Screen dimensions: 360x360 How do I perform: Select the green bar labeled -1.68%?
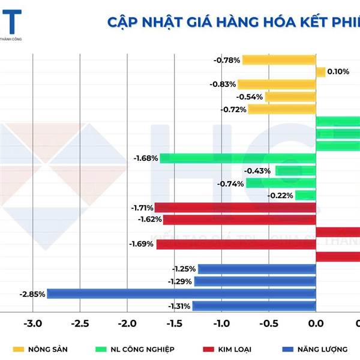point(238,158)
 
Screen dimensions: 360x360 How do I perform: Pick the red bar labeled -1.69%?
point(236,244)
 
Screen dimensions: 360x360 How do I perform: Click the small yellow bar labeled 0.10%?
point(320,72)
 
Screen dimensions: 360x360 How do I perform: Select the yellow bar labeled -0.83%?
point(277,85)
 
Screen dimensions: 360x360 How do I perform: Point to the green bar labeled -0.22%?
point(305,195)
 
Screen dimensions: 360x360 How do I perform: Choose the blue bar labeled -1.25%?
point(257,269)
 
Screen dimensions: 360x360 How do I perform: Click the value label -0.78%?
point(227,60)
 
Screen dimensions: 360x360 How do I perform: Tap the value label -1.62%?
point(150,220)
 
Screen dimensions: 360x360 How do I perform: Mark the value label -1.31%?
point(179,306)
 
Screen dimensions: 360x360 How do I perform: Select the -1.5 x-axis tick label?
point(174,324)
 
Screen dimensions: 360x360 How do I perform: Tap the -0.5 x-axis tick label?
point(269,324)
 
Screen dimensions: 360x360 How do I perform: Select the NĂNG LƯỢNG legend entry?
point(318,348)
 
